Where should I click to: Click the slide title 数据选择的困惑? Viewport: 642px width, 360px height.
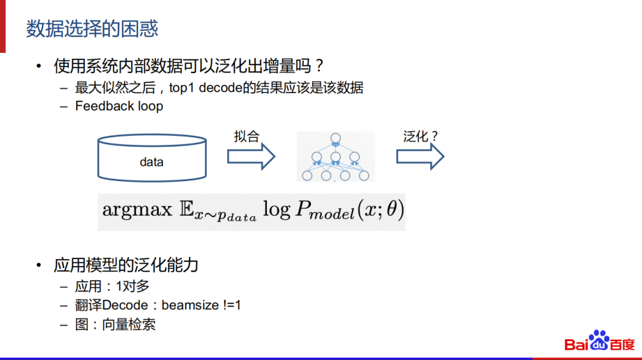pos(92,29)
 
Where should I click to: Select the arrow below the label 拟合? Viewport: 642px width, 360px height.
pos(251,157)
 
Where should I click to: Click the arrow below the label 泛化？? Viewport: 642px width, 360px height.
pos(420,157)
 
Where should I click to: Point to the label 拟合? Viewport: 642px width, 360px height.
pos(247,137)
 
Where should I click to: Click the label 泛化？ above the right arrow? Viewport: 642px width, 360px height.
pos(420,137)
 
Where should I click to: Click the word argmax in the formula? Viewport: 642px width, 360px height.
pos(137,210)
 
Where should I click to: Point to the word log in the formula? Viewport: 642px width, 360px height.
pos(277,210)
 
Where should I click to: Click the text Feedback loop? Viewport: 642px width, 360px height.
pos(119,106)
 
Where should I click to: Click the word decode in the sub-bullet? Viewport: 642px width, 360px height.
pos(219,88)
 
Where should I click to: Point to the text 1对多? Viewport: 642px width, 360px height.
pos(132,286)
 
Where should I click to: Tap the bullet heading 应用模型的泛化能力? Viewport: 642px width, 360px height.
pos(125,265)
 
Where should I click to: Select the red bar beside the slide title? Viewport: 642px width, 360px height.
pos(3,27)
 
